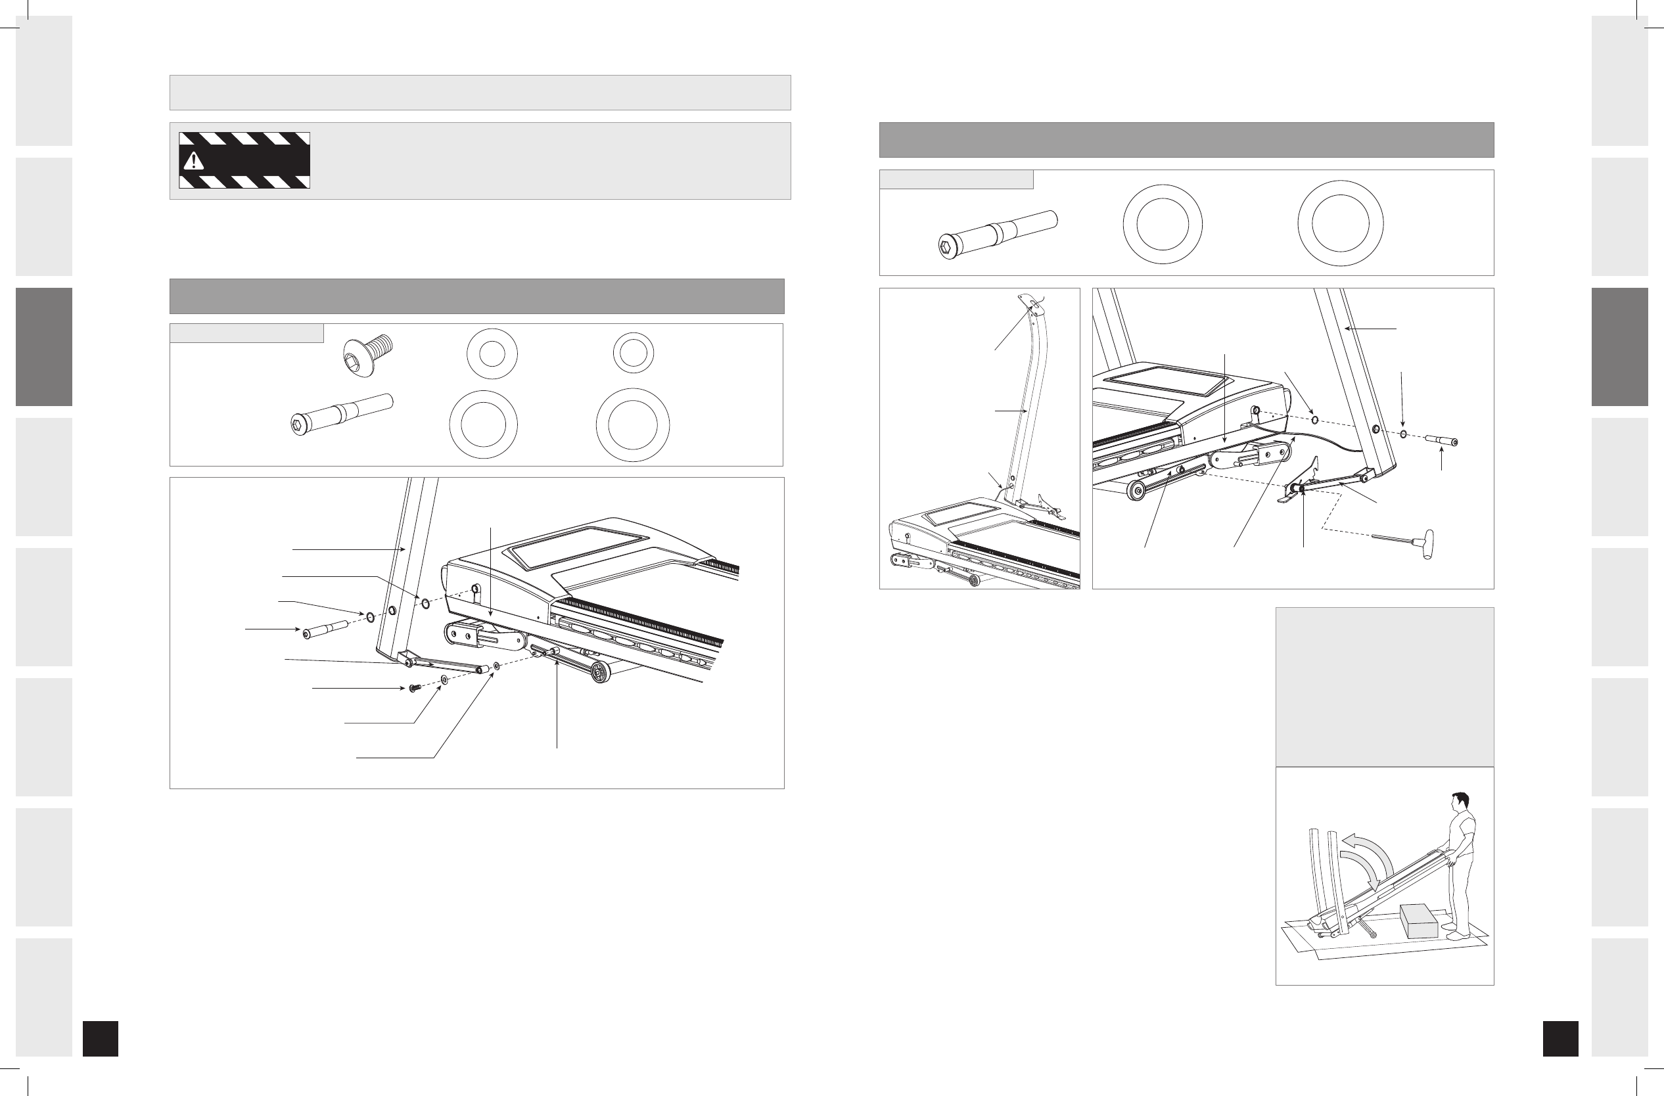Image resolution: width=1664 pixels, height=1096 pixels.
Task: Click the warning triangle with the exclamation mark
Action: point(193,161)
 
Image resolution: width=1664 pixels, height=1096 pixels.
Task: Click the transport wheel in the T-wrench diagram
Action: point(1138,490)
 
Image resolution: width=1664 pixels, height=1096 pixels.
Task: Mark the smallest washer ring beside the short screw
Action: point(634,352)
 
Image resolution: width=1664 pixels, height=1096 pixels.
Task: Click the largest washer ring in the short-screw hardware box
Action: point(632,425)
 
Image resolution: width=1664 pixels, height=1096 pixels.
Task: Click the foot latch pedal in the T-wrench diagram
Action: point(1291,497)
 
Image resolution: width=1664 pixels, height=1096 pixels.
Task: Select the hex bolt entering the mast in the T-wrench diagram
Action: point(1441,440)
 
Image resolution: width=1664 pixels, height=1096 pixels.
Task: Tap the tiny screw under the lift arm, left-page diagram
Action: point(413,689)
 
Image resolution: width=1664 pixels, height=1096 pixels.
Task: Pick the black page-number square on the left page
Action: point(100,1038)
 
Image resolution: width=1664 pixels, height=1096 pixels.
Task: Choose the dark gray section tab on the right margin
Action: point(1620,347)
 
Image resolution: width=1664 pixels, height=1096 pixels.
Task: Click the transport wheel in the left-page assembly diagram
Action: point(600,672)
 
